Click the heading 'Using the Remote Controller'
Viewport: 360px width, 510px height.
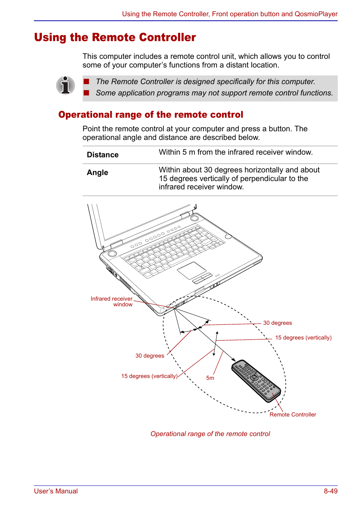point(115,37)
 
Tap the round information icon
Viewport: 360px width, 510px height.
point(65,85)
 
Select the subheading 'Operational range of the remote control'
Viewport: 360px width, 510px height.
point(151,115)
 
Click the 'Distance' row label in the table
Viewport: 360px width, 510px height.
point(103,155)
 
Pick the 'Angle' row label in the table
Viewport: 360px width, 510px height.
point(97,172)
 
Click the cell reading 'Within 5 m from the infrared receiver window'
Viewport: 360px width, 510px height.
point(235,152)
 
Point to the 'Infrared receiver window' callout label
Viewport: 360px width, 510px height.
point(112,301)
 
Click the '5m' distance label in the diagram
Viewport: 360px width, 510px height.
point(210,378)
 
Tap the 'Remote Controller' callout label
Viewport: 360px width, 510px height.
point(292,415)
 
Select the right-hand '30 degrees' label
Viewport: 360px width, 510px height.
point(277,323)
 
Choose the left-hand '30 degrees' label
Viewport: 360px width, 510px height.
point(150,356)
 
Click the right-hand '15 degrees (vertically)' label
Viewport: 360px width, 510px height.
point(303,338)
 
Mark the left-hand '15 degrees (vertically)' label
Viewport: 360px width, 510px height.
point(149,376)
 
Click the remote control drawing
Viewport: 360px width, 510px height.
point(256,380)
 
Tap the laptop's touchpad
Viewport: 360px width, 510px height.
point(192,270)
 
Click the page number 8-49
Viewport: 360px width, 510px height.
point(330,491)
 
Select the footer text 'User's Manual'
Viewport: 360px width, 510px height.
point(56,491)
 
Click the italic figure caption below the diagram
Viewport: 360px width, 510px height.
point(210,434)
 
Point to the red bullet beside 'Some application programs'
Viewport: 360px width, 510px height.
point(86,93)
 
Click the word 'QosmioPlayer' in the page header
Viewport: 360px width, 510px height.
point(316,14)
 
